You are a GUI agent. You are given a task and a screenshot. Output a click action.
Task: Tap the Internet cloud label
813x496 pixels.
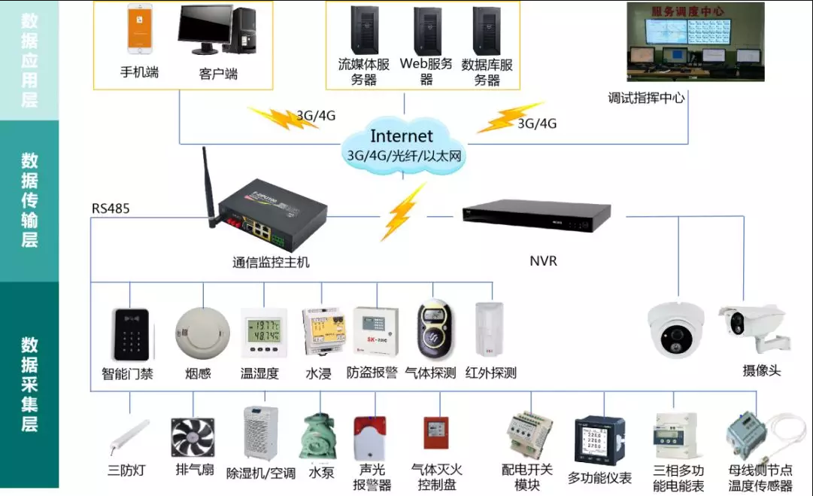pyautogui.click(x=402, y=137)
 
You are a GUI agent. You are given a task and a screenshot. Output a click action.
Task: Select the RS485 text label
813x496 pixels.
pyautogui.click(x=111, y=208)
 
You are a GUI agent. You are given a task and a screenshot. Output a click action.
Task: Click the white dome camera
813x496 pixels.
pyautogui.click(x=675, y=330)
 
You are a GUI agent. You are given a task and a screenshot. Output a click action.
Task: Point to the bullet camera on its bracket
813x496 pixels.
pyautogui.click(x=755, y=326)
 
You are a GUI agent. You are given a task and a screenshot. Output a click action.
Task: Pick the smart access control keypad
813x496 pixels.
pyautogui.click(x=130, y=334)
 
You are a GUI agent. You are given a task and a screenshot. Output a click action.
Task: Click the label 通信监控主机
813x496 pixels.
pyautogui.click(x=271, y=263)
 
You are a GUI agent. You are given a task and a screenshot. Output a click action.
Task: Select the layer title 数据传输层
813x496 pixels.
pyautogui.click(x=29, y=200)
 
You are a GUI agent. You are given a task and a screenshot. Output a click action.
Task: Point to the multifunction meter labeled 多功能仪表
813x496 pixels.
pyautogui.click(x=599, y=440)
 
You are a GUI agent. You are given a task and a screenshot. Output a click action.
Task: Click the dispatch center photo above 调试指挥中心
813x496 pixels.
pyautogui.click(x=696, y=42)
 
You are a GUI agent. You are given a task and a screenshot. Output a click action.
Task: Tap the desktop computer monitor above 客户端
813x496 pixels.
pyautogui.click(x=205, y=29)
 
